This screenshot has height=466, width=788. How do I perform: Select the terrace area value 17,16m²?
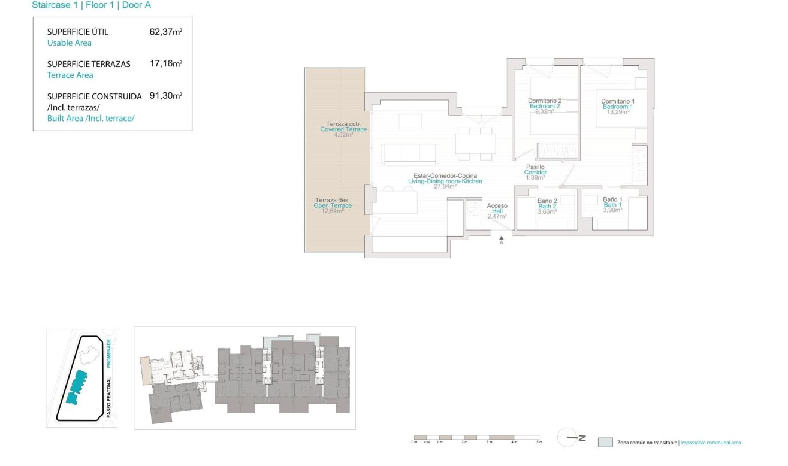pos(165,63)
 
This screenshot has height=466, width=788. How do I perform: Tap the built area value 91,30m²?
pos(165,96)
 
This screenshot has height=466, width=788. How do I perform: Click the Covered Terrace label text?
pos(343,129)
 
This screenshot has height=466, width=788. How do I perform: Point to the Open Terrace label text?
pos(333,205)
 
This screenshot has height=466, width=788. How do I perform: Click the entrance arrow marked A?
pos(501,239)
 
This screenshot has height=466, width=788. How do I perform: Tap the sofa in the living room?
pos(410,153)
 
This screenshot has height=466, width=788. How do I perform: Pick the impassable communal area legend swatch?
pos(605,443)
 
